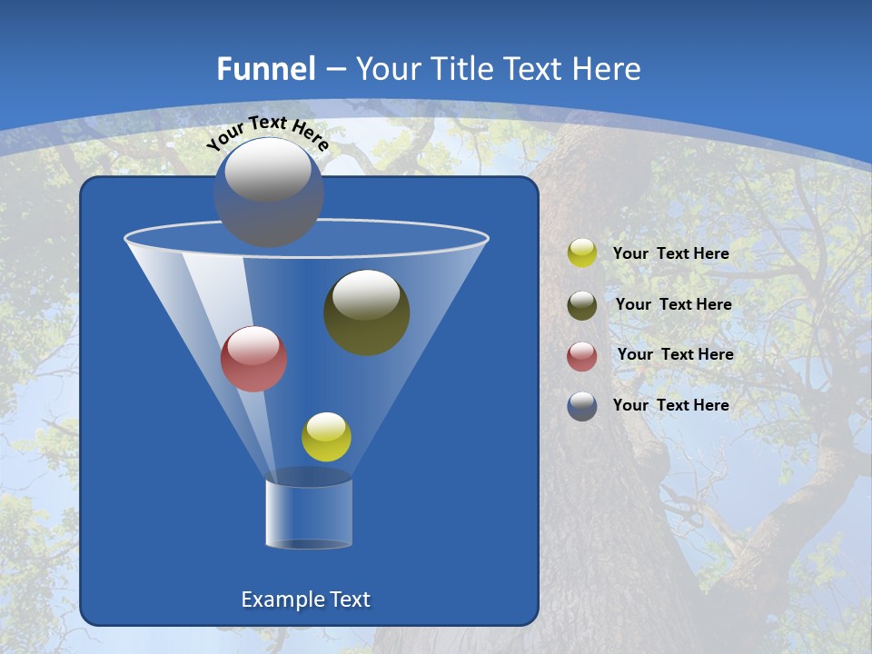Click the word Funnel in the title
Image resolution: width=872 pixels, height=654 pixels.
(x=266, y=69)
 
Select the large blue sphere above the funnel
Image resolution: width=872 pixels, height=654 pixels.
(x=269, y=192)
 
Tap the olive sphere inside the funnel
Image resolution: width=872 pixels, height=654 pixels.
(x=367, y=312)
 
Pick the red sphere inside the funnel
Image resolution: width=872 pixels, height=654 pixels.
(x=254, y=359)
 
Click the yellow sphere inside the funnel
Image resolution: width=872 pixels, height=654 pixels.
(x=326, y=437)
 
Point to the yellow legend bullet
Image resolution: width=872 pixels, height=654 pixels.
(x=582, y=253)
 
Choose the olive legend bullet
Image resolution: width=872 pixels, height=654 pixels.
(x=582, y=305)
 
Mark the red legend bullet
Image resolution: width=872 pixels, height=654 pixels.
(x=582, y=356)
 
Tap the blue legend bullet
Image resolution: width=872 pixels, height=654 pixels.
(x=582, y=406)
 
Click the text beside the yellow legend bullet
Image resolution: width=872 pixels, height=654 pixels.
(x=670, y=254)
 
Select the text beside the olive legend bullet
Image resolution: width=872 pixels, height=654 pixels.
(x=673, y=305)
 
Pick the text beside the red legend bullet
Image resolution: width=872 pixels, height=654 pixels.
(x=675, y=355)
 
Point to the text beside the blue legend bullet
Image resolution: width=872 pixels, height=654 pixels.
(x=670, y=405)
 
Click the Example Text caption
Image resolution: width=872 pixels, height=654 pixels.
(x=305, y=599)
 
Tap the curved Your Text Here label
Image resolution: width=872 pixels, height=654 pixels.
(x=267, y=132)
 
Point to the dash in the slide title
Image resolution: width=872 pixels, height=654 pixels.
(x=334, y=70)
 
